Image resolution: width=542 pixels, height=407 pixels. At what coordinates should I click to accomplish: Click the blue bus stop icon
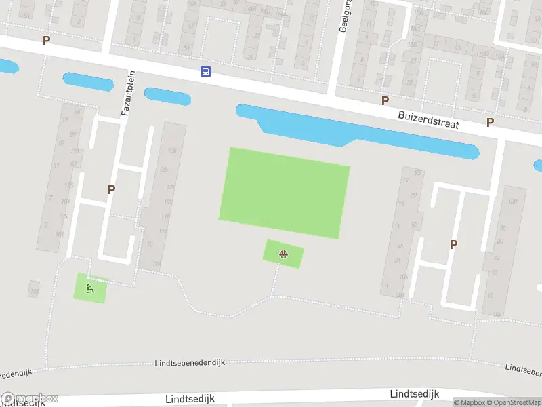205,71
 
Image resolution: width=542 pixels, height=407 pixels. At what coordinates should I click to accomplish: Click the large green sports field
284,193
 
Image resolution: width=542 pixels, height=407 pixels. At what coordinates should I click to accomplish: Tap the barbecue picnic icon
283,255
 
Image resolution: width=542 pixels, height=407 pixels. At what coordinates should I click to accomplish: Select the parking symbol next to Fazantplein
111,190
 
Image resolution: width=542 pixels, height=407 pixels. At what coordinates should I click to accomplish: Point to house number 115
68,185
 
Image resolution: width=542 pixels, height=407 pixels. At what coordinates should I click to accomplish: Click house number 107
65,201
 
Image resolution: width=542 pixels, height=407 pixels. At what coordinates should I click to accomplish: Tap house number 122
168,202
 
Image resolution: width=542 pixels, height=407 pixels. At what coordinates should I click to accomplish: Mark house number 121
75,151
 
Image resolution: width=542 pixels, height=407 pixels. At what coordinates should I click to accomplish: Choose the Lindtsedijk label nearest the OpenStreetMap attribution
415,394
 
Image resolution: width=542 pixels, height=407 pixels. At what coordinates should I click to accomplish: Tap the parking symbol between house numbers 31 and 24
453,244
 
